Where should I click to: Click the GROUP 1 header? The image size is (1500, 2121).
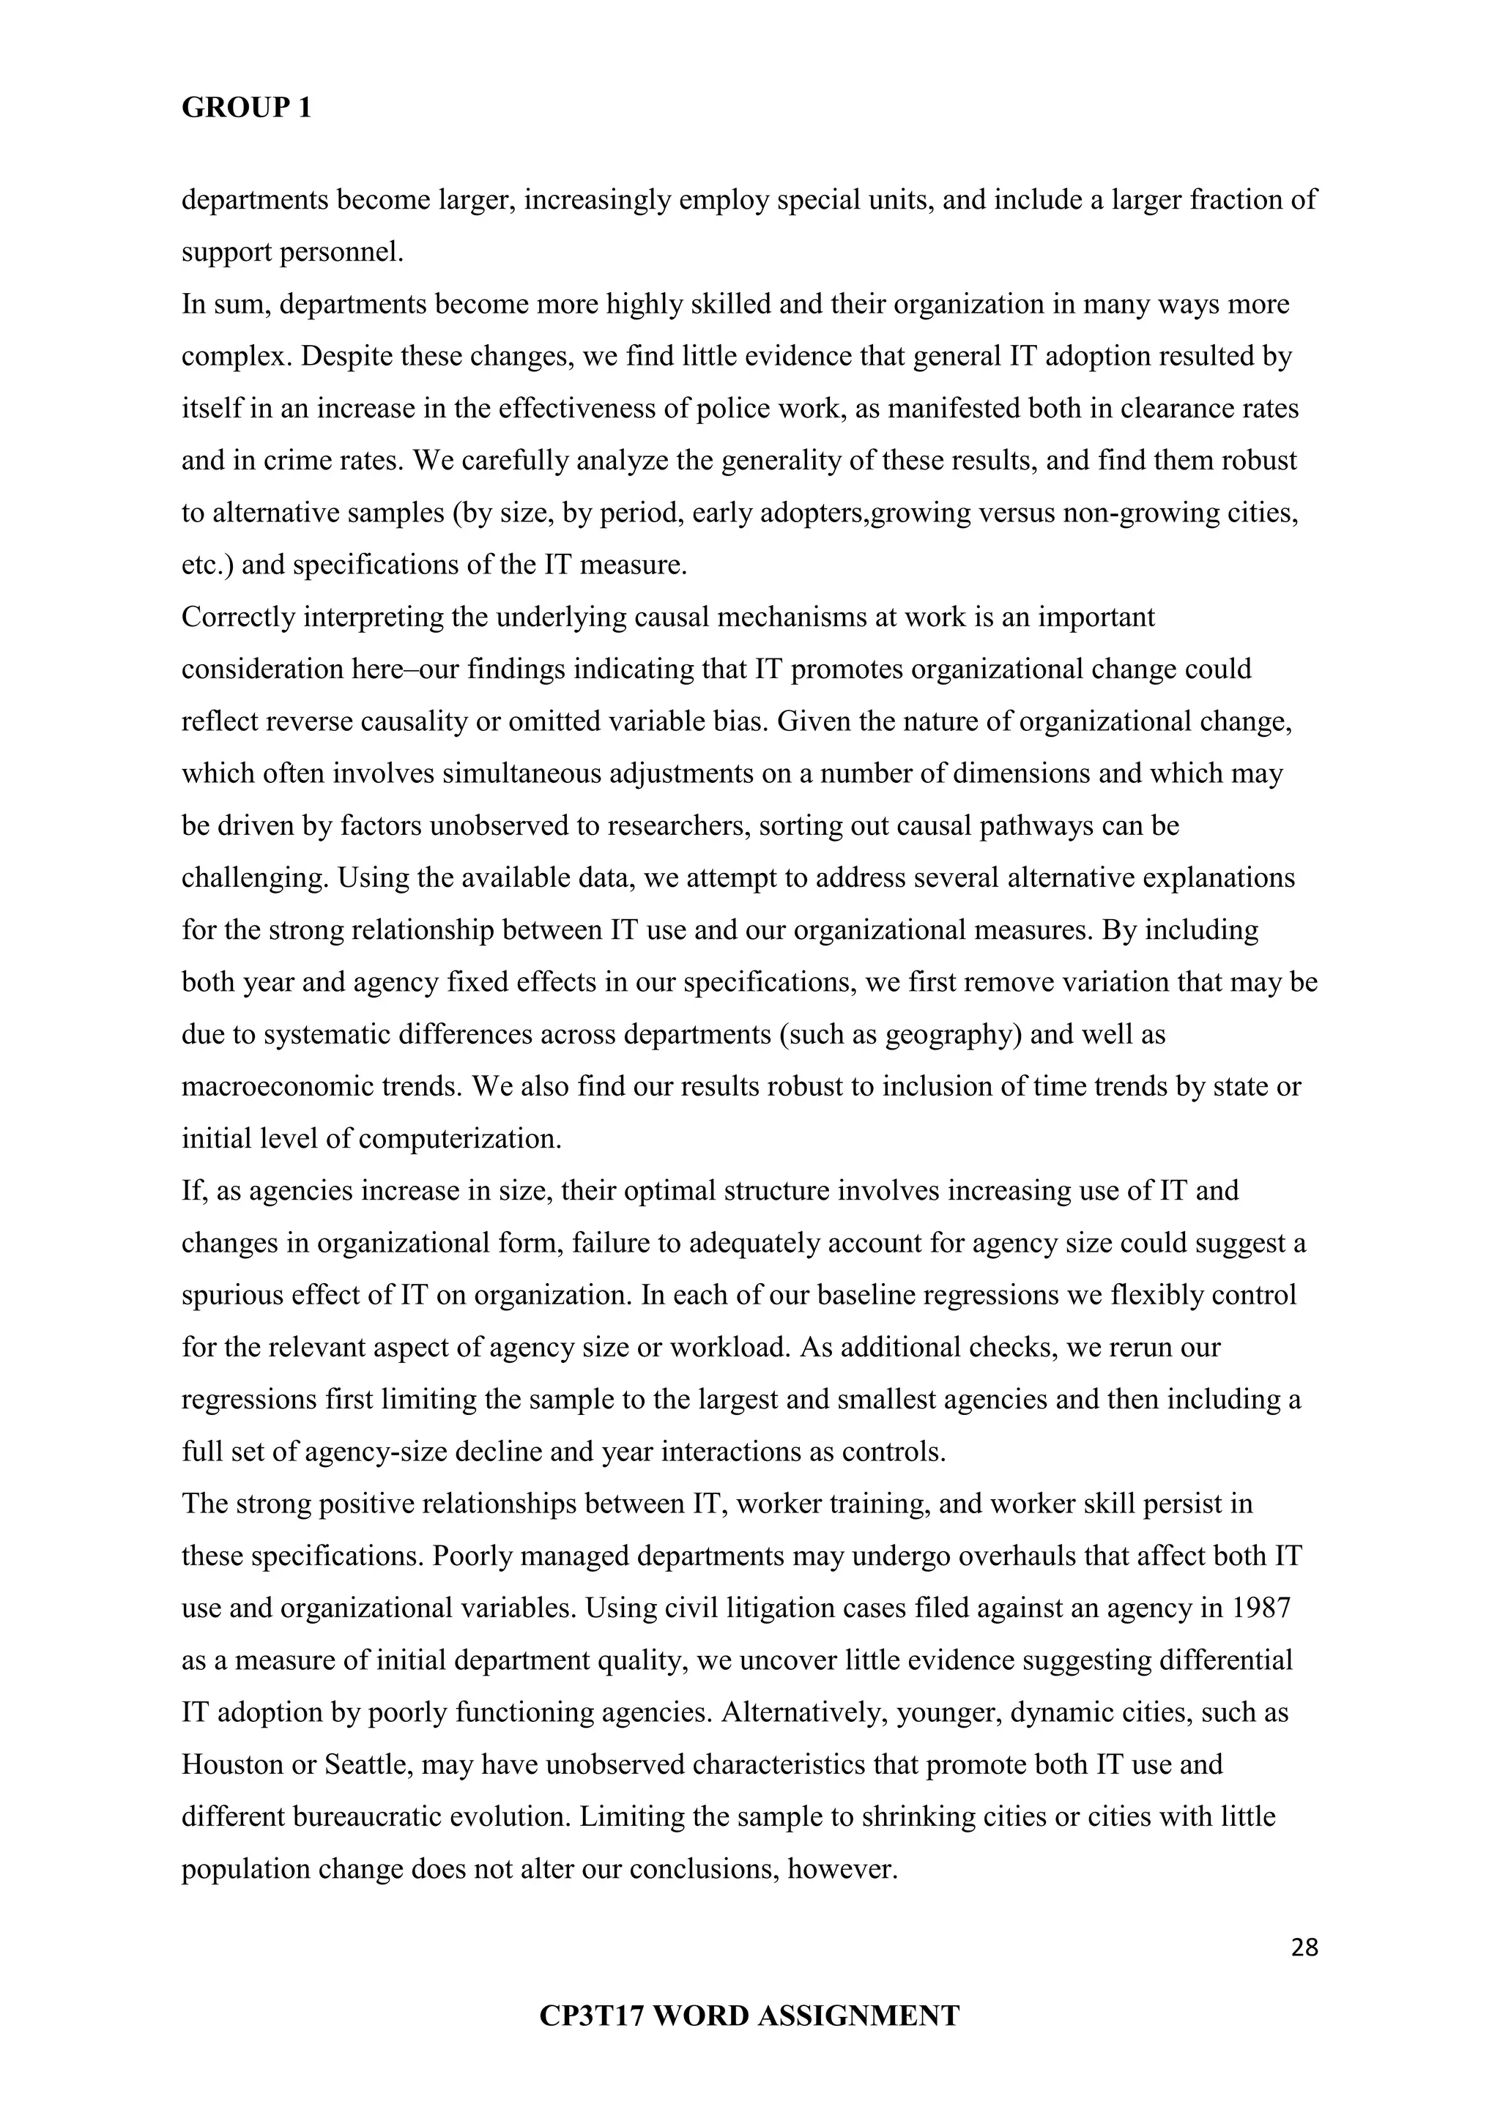click(x=247, y=108)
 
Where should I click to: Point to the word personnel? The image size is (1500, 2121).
click(x=350, y=251)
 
